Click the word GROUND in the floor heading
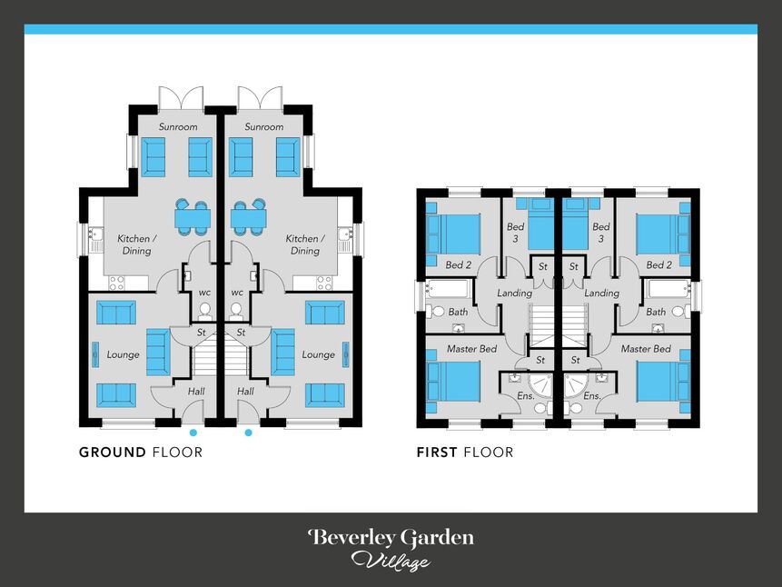tap(113, 453)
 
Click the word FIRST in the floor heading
tap(437, 453)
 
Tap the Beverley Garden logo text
tap(391, 538)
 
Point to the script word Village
tap(391, 561)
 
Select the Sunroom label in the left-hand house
tap(178, 127)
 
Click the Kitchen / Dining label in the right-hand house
tap(305, 244)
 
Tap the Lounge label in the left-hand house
tap(123, 354)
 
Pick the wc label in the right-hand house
tap(237, 293)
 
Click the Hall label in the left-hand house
tap(196, 392)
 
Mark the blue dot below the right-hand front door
tap(248, 433)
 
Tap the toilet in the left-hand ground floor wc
tap(204, 311)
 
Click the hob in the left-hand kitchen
tap(116, 283)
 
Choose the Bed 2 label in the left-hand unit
tap(458, 264)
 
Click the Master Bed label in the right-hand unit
tap(646, 349)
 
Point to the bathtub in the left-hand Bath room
tap(448, 290)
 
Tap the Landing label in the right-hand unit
tap(601, 293)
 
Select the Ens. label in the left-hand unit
tap(526, 396)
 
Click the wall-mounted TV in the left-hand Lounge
tap(95, 354)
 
